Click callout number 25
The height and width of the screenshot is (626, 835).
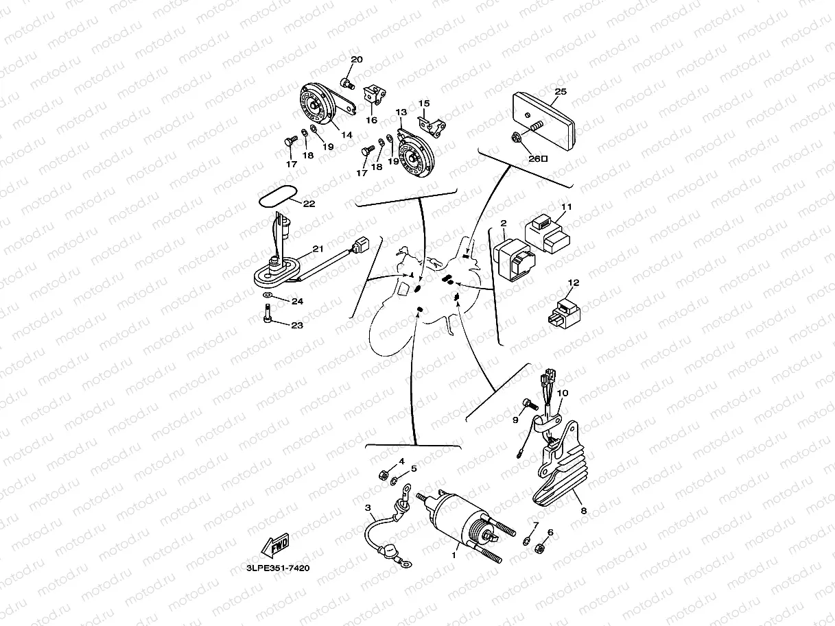pos(560,91)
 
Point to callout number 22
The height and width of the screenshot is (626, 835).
pos(309,204)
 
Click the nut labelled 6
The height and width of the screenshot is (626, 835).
pos(540,548)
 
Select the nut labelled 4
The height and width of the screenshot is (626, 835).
pos(386,474)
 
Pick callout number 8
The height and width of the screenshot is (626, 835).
pos(583,511)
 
